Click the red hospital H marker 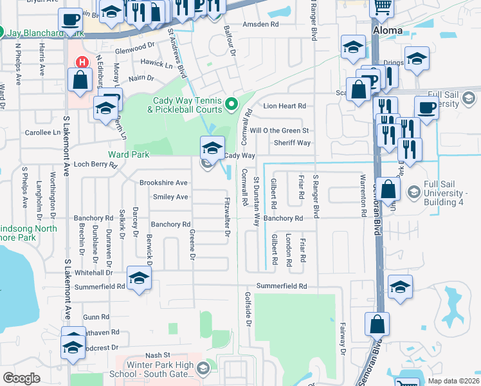pyautogui.click(x=82, y=62)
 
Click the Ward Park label pyautogui.click(x=129, y=154)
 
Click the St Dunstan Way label pyautogui.click(x=257, y=201)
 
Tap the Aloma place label pyautogui.click(x=388, y=30)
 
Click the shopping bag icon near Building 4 pyautogui.click(x=388, y=190)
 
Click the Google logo pyautogui.click(x=21, y=378)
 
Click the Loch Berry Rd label pyautogui.click(x=95, y=165)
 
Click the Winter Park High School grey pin pyautogui.click(x=204, y=368)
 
